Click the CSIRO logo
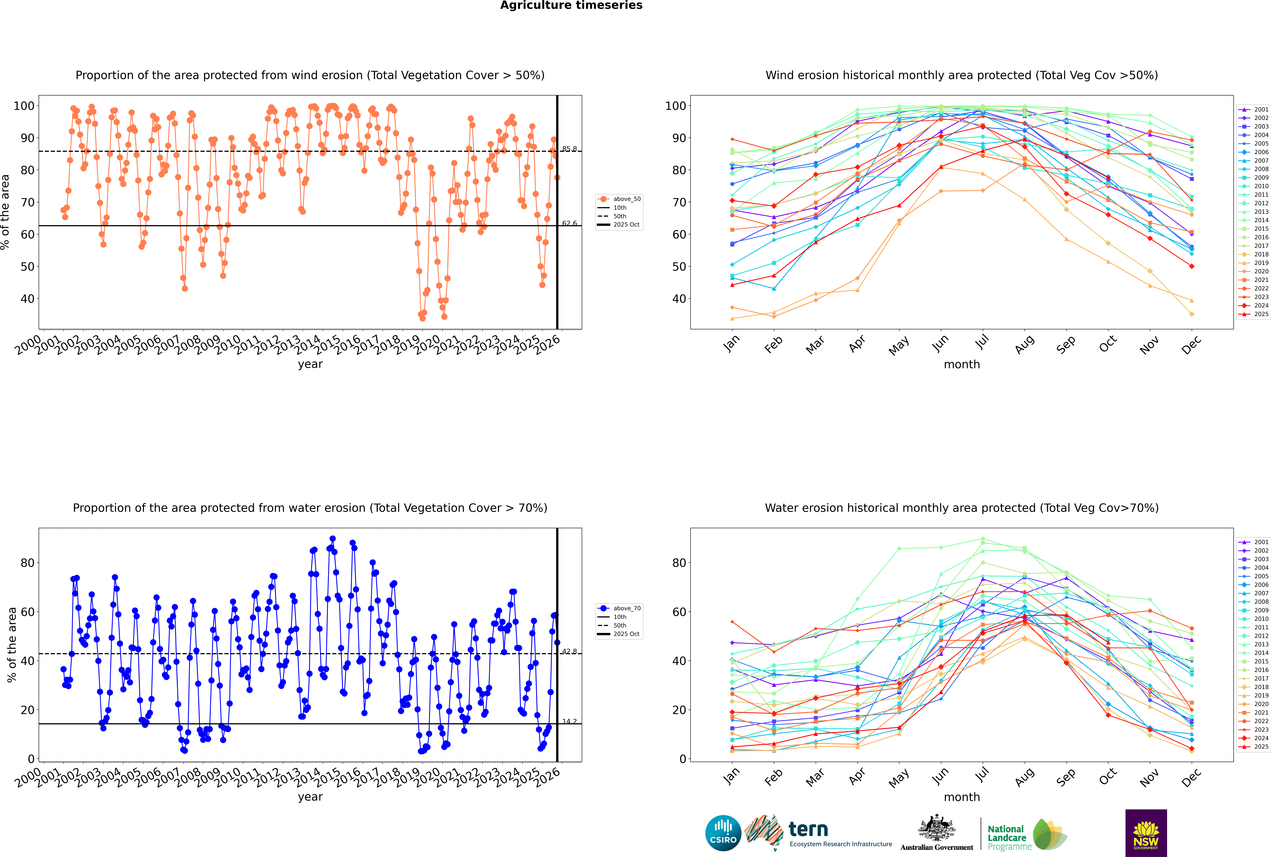723,833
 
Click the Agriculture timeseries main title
571,5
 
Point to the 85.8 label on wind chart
569,149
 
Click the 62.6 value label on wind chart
569,223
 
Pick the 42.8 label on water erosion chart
569,651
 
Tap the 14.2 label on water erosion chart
569,721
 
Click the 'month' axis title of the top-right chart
962,365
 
